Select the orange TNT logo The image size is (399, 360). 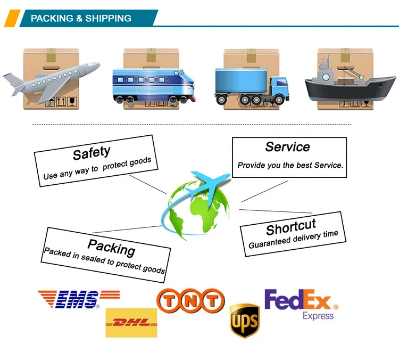click(x=190, y=301)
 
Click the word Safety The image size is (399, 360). click(x=92, y=153)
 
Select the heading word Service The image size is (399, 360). click(x=287, y=147)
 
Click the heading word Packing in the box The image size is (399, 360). click(x=111, y=247)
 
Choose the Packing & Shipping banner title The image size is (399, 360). click(x=81, y=19)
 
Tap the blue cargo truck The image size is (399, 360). click(x=252, y=85)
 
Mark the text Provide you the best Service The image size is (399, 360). click(x=290, y=166)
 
